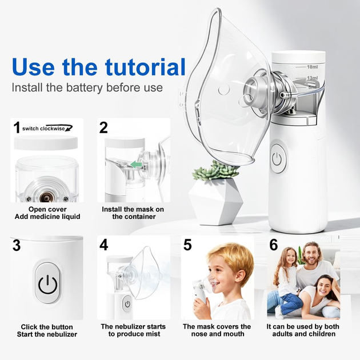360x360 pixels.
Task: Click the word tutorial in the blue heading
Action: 145,67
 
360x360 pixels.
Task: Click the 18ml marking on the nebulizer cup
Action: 313,67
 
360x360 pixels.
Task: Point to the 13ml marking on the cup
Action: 313,78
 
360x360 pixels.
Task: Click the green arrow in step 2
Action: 137,164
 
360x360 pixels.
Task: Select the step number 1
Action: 17,127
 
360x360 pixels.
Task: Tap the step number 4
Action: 103,245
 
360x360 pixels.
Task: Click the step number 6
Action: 274,245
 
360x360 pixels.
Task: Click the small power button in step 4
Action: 127,304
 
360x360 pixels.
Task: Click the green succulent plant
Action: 216,170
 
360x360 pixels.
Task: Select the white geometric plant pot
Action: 215,202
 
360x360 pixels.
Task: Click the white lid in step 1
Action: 46,142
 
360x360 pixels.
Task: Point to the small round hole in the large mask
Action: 224,90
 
